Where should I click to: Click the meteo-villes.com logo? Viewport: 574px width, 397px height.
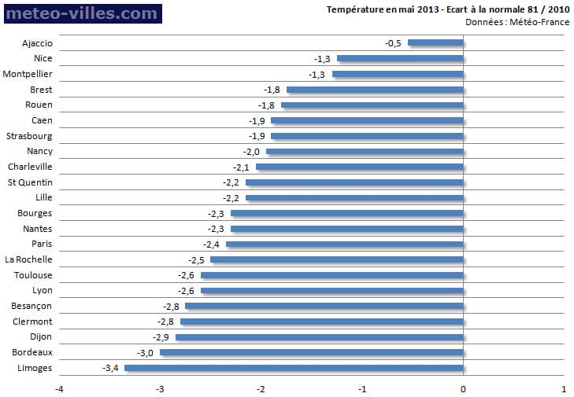(82, 13)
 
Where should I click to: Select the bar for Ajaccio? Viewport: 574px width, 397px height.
(435, 43)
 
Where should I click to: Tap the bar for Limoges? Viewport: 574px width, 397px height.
(294, 368)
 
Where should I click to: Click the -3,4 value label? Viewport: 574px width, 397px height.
(110, 368)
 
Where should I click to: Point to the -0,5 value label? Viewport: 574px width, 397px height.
(393, 43)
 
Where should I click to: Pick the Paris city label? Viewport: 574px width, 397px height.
(41, 244)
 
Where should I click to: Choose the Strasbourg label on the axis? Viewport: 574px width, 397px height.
(30, 135)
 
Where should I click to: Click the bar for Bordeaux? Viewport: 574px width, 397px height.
(311, 352)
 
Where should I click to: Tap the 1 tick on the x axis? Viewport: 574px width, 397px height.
(564, 388)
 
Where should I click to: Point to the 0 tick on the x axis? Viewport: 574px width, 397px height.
(463, 388)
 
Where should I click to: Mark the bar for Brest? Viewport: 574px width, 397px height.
(375, 90)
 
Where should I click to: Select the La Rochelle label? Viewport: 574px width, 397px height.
(29, 259)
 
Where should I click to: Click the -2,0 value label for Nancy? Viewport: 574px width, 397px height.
(252, 151)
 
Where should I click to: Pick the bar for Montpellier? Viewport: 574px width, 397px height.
(398, 74)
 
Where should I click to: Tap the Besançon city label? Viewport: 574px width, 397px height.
(32, 306)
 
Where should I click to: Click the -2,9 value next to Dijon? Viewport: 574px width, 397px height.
(161, 336)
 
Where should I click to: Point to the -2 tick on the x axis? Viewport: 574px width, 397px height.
(261, 388)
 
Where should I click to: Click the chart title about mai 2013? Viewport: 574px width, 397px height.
(448, 9)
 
